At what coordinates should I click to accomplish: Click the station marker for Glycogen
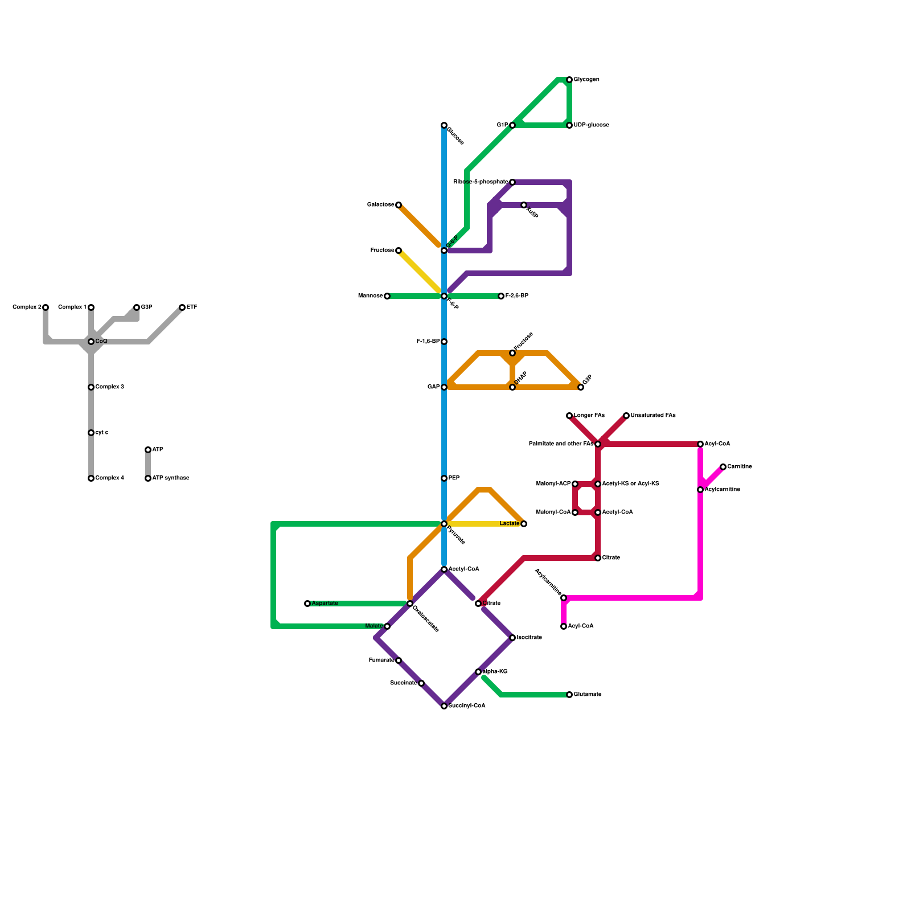569,80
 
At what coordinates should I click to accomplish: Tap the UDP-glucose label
591,125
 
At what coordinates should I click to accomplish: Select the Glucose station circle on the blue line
444,125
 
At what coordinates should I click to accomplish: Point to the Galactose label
380,205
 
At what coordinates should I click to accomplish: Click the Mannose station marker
387,296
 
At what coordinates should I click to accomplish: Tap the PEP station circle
444,478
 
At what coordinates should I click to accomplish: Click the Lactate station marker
524,524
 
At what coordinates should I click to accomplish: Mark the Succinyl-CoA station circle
444,706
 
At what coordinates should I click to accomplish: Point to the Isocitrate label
529,638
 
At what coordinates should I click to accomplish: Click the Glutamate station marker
569,695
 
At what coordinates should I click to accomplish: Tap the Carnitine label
739,467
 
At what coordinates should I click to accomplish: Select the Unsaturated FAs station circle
626,416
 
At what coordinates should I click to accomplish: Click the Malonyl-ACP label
553,484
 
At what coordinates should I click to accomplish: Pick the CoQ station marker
91,342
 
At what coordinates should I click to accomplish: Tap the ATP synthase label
170,478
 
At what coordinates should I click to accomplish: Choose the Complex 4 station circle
91,478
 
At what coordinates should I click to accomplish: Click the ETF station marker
182,307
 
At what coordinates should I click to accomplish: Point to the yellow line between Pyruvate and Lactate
484,524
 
